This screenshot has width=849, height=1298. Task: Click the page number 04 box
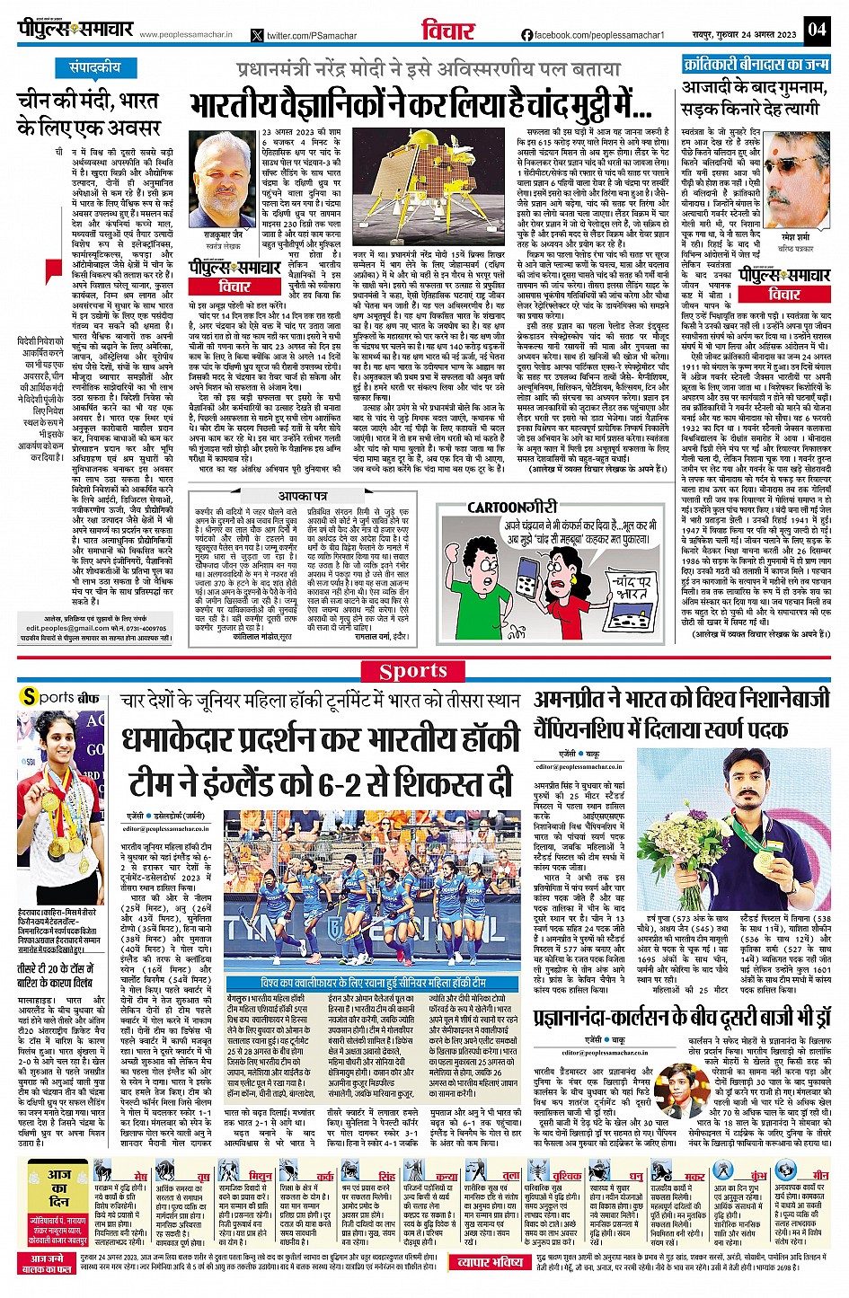[816, 29]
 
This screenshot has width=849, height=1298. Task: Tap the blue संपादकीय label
[96, 68]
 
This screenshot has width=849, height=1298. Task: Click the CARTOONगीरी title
[508, 508]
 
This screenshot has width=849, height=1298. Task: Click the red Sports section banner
[425, 671]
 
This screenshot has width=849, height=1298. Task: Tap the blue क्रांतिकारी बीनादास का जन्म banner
[755, 65]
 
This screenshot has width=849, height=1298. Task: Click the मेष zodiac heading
[140, 1175]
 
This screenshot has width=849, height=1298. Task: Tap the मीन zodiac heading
[819, 1175]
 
